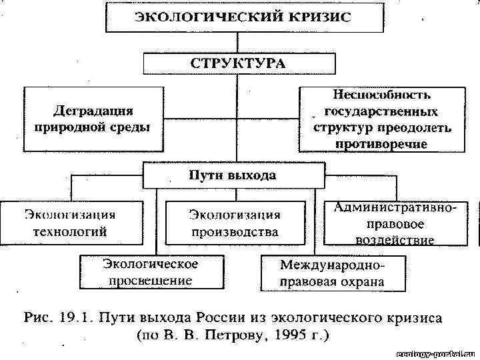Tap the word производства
234,232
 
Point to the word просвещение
150,281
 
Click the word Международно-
333,265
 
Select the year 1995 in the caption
285,334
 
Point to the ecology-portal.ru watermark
434,352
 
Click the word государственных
381,111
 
